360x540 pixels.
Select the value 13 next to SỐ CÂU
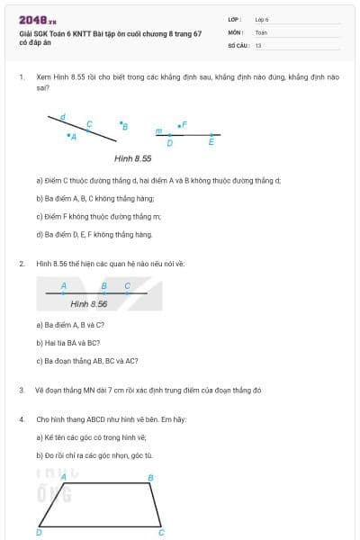pyautogui.click(x=258, y=44)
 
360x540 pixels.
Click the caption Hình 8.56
pyautogui.click(x=89, y=304)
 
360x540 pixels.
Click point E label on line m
pyautogui.click(x=211, y=141)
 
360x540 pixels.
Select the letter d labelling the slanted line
pyautogui.click(x=62, y=116)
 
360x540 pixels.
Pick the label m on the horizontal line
pyautogui.click(x=158, y=131)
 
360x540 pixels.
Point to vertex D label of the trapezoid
pyautogui.click(x=38, y=533)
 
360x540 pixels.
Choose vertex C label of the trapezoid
pyautogui.click(x=162, y=533)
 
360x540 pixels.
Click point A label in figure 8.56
pyautogui.click(x=64, y=285)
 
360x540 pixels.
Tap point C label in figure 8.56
pyautogui.click(x=127, y=285)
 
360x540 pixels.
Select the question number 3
pyautogui.click(x=21, y=391)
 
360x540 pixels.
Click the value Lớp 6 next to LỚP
pyautogui.click(x=262, y=19)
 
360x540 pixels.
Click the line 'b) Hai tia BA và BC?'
pyautogui.click(x=67, y=343)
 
